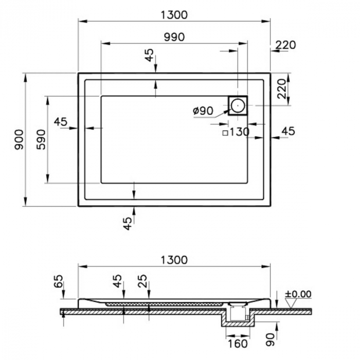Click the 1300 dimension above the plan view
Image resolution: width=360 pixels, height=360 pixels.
pos(174,15)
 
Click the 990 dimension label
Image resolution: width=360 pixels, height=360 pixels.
pos(174,37)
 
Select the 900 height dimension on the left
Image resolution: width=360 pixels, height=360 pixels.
pos(19,139)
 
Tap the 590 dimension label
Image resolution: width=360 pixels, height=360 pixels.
pos(41,139)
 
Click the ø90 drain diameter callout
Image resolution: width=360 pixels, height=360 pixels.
pos(203,111)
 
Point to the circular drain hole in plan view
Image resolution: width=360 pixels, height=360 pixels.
pos(238,105)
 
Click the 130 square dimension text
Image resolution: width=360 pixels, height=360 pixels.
pos(240,132)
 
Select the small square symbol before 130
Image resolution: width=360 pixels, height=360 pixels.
pos(225,133)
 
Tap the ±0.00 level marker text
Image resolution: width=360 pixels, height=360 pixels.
pos(298,294)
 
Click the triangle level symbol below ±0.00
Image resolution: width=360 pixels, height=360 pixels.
pos(291,303)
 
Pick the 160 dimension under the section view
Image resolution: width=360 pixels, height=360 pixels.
pos(238,344)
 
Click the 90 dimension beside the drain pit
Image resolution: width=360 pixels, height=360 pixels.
pos(271,340)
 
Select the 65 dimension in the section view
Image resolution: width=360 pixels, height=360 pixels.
pos(58,281)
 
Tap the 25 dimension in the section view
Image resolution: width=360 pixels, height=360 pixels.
pos(142,281)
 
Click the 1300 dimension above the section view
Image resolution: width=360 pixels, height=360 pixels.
pos(174,260)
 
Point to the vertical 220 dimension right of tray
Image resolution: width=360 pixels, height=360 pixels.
pos(282,89)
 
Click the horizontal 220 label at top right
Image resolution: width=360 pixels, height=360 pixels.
pos(285,45)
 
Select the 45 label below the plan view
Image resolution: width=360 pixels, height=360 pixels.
pos(128,223)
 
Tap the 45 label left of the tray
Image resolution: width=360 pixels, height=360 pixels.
pos(61,122)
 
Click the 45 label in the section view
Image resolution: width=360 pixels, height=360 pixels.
pos(117,281)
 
